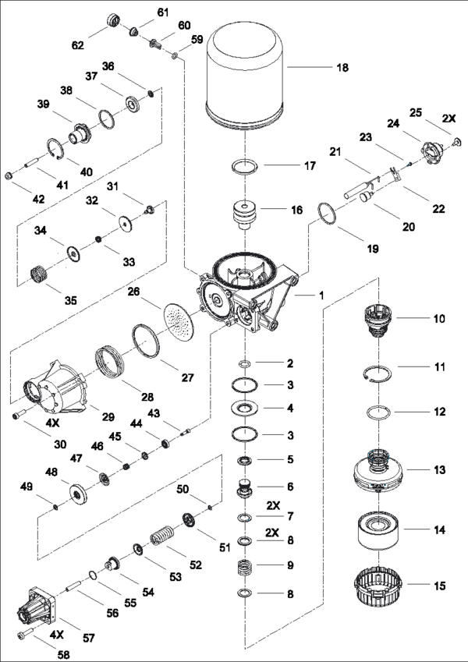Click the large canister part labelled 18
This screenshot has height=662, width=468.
[246, 74]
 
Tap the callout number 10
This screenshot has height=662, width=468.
[439, 319]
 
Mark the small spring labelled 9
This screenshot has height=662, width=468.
[245, 567]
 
